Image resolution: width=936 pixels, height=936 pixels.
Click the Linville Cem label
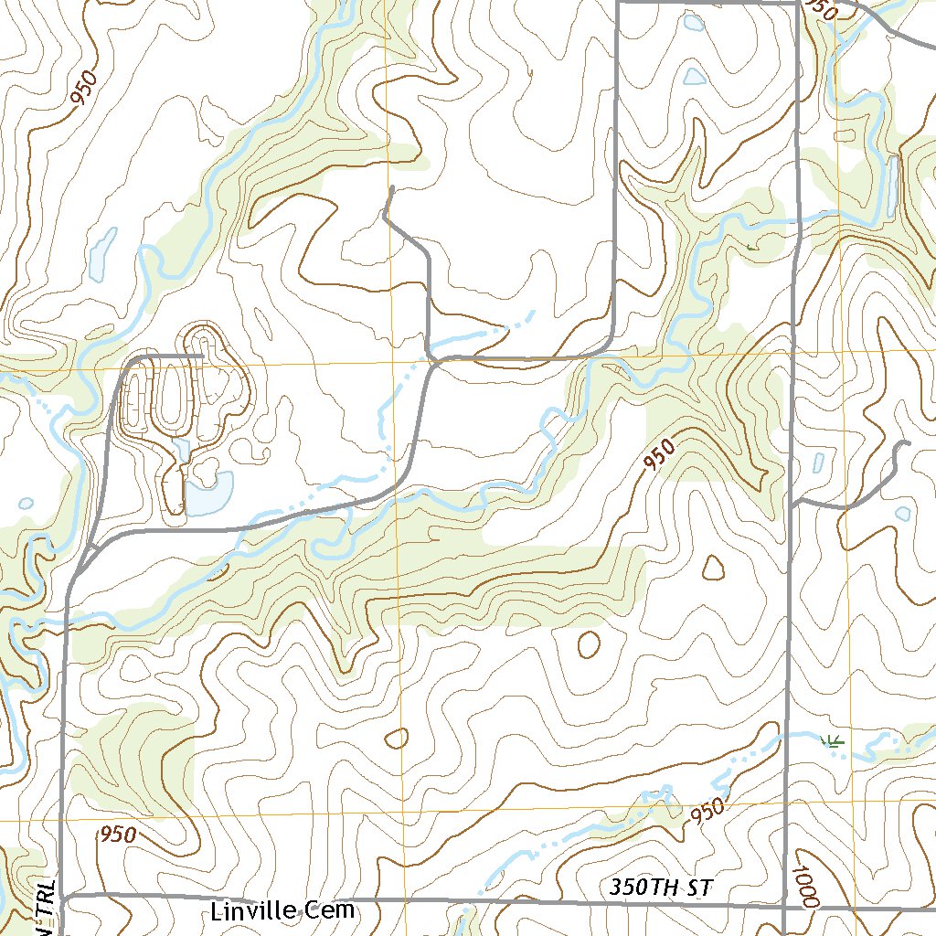(x=282, y=911)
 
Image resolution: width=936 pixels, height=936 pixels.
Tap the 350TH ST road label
(x=659, y=888)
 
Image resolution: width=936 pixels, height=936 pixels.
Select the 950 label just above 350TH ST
(x=707, y=811)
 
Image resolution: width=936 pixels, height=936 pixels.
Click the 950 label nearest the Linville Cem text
(x=118, y=835)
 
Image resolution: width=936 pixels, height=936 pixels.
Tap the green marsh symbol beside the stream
(x=831, y=740)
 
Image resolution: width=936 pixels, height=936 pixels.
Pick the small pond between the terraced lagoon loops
(x=180, y=449)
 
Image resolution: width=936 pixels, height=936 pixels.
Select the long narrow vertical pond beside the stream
(x=890, y=186)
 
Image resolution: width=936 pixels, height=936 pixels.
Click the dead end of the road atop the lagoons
(x=201, y=355)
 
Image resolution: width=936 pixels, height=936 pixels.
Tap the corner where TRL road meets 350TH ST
(x=62, y=898)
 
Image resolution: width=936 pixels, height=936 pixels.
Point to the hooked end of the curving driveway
(x=908, y=443)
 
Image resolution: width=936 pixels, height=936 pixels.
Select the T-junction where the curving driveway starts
(x=792, y=502)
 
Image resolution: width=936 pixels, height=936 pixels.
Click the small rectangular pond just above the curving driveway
(x=817, y=463)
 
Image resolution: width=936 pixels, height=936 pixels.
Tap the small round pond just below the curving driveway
(x=902, y=514)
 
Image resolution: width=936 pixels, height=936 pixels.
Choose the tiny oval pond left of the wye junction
(x=26, y=504)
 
